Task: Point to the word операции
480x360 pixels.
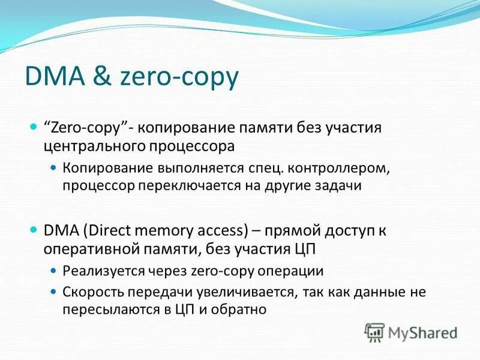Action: (294, 271)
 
